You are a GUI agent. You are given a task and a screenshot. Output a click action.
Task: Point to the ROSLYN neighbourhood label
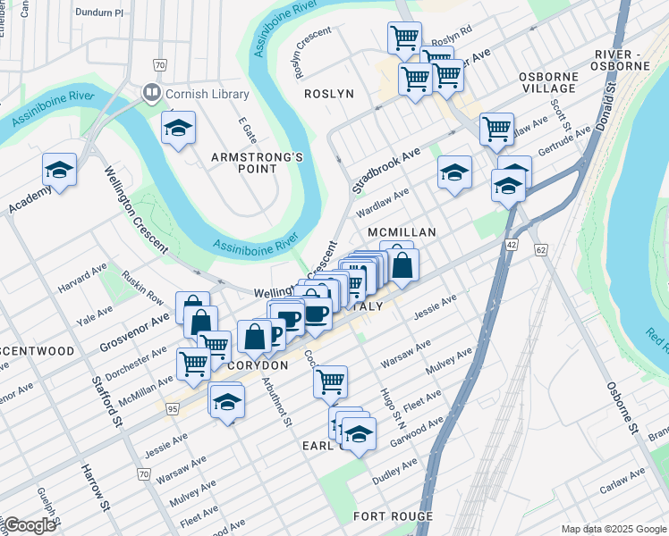tap(329, 94)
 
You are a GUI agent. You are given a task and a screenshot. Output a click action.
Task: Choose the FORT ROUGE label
tap(393, 516)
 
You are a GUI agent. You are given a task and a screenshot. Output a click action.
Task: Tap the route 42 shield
tap(511, 243)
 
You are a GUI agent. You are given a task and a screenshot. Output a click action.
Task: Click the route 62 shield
tap(541, 251)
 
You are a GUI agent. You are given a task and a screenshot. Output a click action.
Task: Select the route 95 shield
tap(172, 408)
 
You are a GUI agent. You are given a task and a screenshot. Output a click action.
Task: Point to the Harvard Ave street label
tap(81, 285)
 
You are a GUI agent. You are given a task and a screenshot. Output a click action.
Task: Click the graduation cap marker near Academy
tap(59, 171)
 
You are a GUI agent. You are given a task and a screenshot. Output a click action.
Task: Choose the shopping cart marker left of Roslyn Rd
tap(404, 38)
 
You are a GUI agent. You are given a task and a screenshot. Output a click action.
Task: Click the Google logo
tap(30, 525)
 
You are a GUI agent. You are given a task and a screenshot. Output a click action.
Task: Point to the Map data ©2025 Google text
tap(612, 528)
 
